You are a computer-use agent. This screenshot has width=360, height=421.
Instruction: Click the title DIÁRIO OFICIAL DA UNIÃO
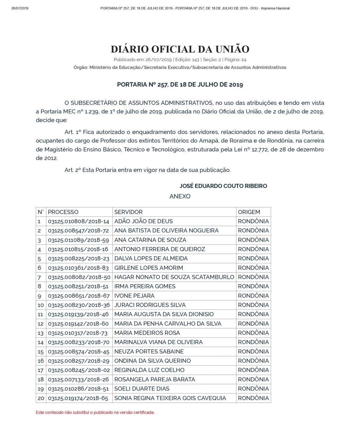pyautogui.click(x=180, y=49)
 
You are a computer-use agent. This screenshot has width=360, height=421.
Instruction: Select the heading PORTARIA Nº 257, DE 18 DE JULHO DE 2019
pyautogui.click(x=180, y=85)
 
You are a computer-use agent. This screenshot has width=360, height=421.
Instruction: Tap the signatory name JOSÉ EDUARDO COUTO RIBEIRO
pyautogui.click(x=223, y=186)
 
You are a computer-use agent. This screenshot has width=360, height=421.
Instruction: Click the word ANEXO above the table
pyautogui.click(x=180, y=196)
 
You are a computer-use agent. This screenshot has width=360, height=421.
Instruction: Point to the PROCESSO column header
pyautogui.click(x=63, y=212)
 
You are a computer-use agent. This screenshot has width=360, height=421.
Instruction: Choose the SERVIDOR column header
pyautogui.click(x=128, y=212)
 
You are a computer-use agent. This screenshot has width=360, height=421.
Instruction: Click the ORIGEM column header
pyautogui.click(x=249, y=212)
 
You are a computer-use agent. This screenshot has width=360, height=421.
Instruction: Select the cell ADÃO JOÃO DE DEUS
pyautogui.click(x=143, y=221)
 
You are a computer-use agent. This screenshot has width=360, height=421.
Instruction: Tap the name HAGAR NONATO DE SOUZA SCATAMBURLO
pyautogui.click(x=174, y=277)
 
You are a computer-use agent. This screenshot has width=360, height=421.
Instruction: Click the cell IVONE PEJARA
pyautogui.click(x=134, y=295)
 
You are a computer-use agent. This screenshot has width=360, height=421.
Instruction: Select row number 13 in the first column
pyautogui.click(x=41, y=333)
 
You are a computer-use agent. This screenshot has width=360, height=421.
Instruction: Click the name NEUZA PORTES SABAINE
pyautogui.click(x=149, y=352)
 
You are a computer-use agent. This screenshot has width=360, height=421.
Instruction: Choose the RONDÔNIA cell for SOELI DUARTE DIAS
pyautogui.click(x=253, y=388)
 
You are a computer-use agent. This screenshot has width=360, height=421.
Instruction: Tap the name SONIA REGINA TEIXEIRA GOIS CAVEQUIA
pyautogui.click(x=170, y=398)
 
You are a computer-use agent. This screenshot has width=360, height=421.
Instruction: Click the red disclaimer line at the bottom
pyautogui.click(x=95, y=412)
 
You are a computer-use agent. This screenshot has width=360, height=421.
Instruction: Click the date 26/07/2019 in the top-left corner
pyautogui.click(x=20, y=8)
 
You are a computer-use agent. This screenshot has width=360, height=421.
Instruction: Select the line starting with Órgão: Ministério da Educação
pyautogui.click(x=180, y=67)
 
